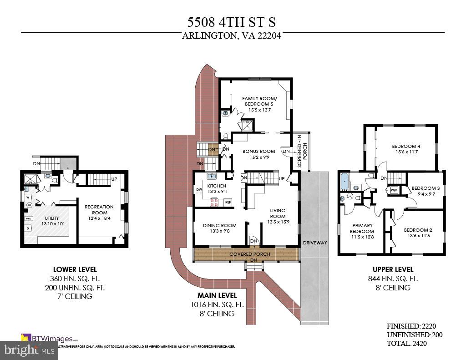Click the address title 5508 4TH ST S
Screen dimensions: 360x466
pos(232,21)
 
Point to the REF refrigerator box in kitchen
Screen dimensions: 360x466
pos(228,202)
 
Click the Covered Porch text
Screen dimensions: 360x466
pos(249,254)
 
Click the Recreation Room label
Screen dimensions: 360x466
pos(100,210)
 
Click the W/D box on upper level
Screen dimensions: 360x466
pos(393,189)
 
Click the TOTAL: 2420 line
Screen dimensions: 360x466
pos(407,343)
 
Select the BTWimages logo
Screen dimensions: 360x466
pos(50,338)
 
